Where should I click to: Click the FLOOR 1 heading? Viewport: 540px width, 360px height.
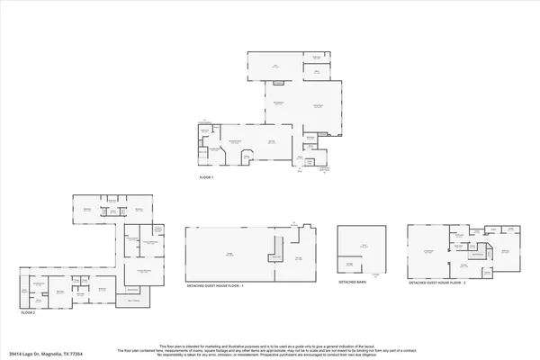(206, 178)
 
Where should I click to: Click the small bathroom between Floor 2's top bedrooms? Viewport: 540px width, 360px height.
(114, 210)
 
